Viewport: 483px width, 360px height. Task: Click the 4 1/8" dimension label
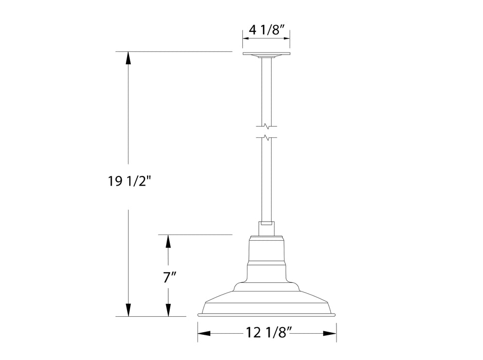click(x=266, y=30)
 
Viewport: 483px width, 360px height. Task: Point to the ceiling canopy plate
click(x=266, y=54)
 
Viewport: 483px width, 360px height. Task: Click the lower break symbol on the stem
click(x=266, y=138)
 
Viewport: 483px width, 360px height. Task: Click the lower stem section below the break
click(x=266, y=180)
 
